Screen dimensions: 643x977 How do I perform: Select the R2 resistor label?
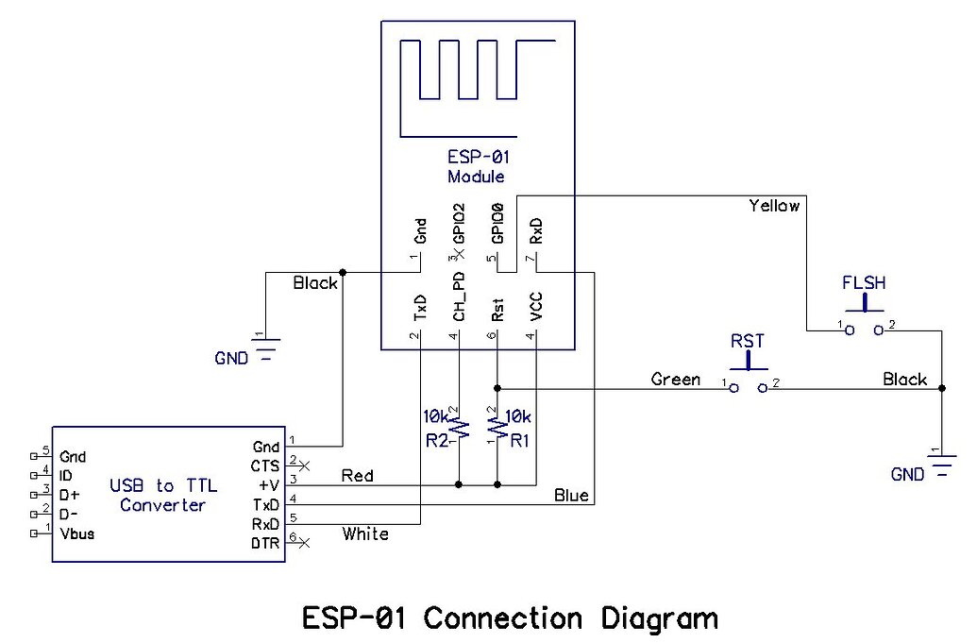click(435, 439)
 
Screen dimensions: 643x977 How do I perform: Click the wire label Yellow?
click(773, 205)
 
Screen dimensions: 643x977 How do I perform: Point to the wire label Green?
click(676, 380)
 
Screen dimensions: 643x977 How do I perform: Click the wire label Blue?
click(571, 494)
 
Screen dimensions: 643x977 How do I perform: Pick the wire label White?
click(365, 534)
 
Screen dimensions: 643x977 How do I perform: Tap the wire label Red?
click(357, 475)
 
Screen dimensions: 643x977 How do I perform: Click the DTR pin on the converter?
click(264, 543)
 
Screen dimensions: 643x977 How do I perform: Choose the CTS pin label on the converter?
click(265, 466)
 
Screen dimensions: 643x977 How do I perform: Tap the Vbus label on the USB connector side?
click(76, 533)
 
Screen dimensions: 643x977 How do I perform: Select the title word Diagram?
click(659, 618)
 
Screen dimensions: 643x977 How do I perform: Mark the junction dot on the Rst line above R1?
click(497, 387)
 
